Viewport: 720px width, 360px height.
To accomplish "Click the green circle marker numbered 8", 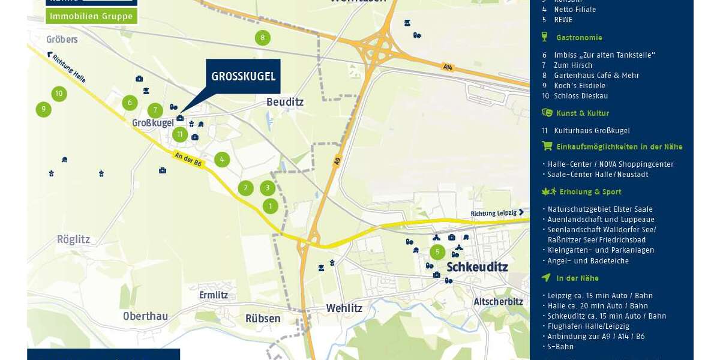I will pos(262,38).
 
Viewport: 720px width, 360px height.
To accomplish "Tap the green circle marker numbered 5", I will pos(437,252).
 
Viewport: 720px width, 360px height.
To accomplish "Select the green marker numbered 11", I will pos(180,134).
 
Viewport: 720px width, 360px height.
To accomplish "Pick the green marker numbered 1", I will pos(271,206).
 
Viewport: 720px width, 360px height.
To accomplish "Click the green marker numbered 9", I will pos(43,109).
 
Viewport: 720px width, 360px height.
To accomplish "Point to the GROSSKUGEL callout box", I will pos(243,76).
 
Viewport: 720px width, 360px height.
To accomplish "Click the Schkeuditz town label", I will pos(477,267).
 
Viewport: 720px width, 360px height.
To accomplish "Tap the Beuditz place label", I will pos(285,102).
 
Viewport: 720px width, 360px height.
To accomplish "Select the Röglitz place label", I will pos(73,239).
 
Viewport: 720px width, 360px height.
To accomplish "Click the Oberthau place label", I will pos(145,316).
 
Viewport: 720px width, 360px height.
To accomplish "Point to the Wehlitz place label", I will pos(344,308).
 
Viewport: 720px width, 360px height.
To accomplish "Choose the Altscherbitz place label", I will pos(498,302).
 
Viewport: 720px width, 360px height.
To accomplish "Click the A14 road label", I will pos(448,67).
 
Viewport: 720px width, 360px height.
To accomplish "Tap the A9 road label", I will pos(337,161).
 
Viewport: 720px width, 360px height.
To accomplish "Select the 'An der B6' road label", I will pos(189,160).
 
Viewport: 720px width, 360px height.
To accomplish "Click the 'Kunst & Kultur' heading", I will pos(582,113).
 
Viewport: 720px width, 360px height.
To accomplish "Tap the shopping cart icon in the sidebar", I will pos(547,146).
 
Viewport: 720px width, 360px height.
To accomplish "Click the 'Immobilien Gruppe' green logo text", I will pos(91,16).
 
